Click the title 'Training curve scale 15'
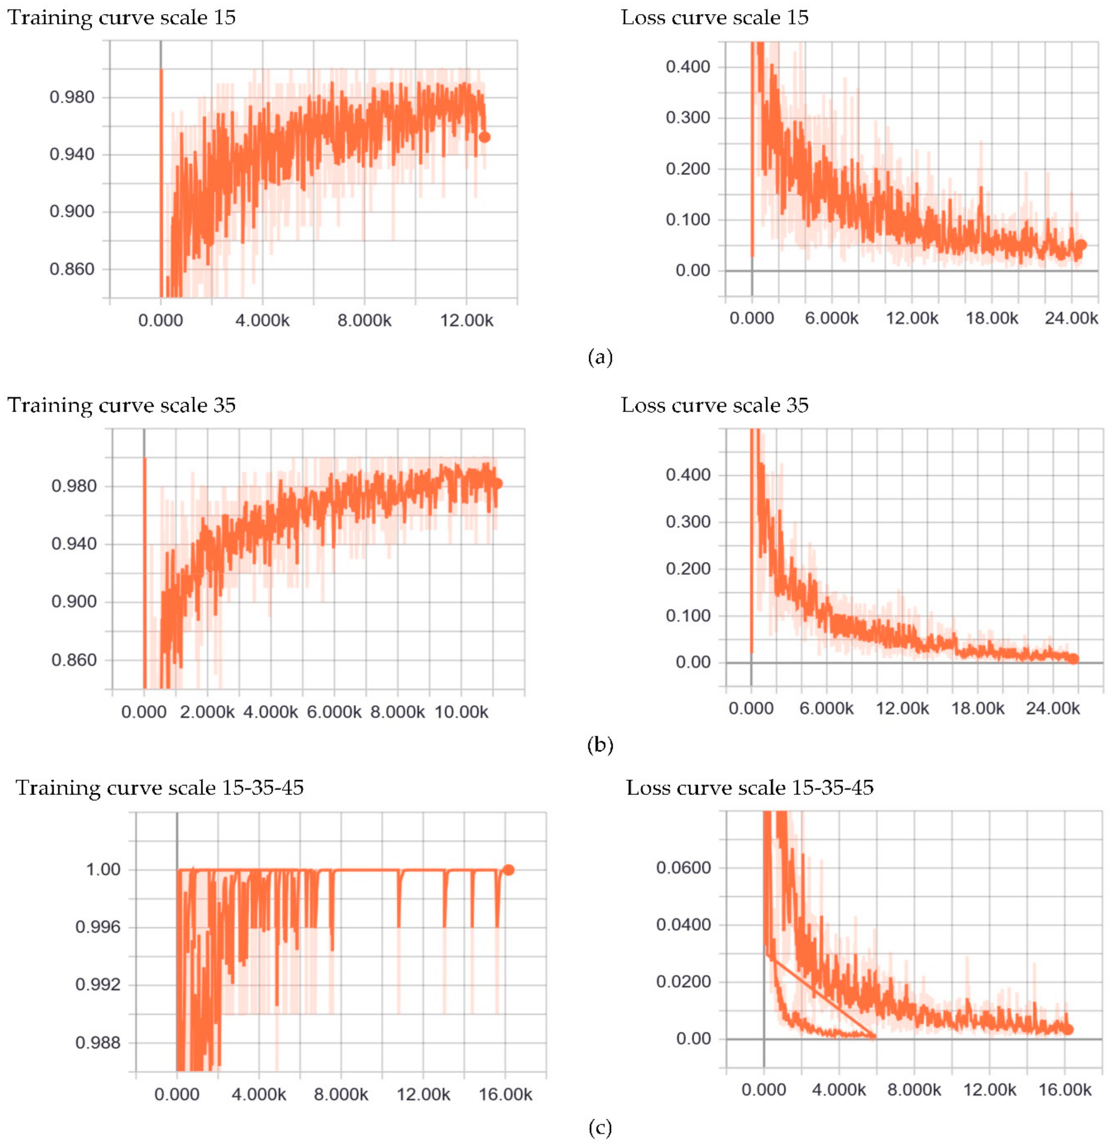pyautogui.click(x=121, y=18)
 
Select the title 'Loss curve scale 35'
pyautogui.click(x=714, y=405)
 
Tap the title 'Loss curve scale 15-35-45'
pyautogui.click(x=750, y=788)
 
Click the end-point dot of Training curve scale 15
pyautogui.click(x=484, y=137)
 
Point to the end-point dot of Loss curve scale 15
pyautogui.click(x=1081, y=245)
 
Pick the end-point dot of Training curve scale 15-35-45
pyautogui.click(x=508, y=870)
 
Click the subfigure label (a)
pyautogui.click(x=600, y=357)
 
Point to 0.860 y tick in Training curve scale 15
pyautogui.click(x=72, y=269)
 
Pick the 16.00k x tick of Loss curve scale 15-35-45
pyautogui.click(x=1065, y=1090)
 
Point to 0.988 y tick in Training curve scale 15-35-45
pyautogui.click(x=97, y=1043)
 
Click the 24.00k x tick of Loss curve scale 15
pyautogui.click(x=1071, y=318)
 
